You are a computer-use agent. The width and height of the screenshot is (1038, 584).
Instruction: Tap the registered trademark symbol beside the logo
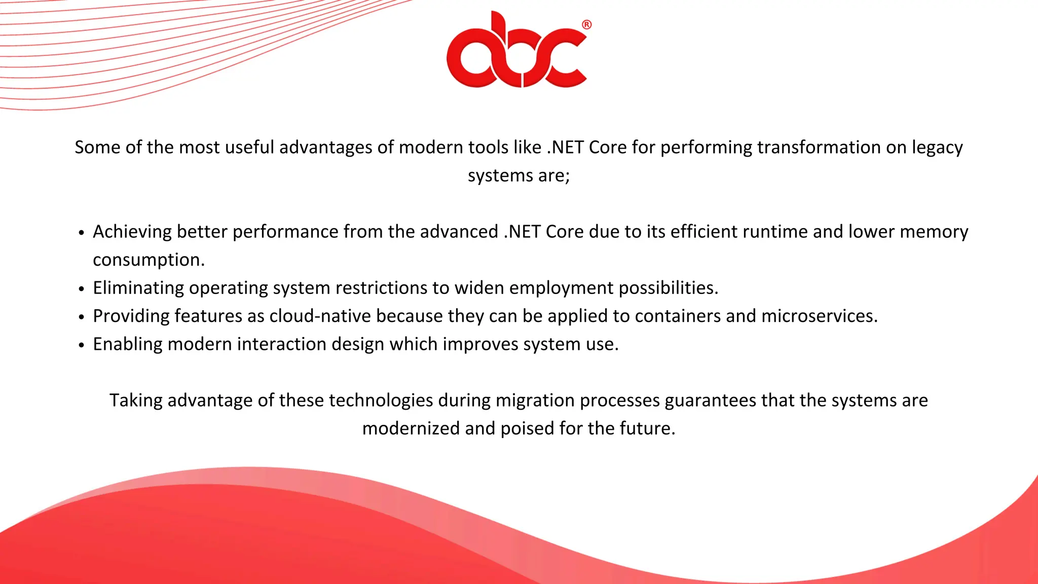pyautogui.click(x=586, y=24)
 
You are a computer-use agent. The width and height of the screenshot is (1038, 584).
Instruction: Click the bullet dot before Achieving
pyautogui.click(x=82, y=233)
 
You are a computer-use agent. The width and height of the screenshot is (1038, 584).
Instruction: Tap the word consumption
pyautogui.click(x=148, y=260)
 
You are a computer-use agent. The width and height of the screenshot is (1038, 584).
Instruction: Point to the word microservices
pyautogui.click(x=819, y=316)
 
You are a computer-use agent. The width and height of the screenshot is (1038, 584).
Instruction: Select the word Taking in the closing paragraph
pyautogui.click(x=135, y=400)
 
